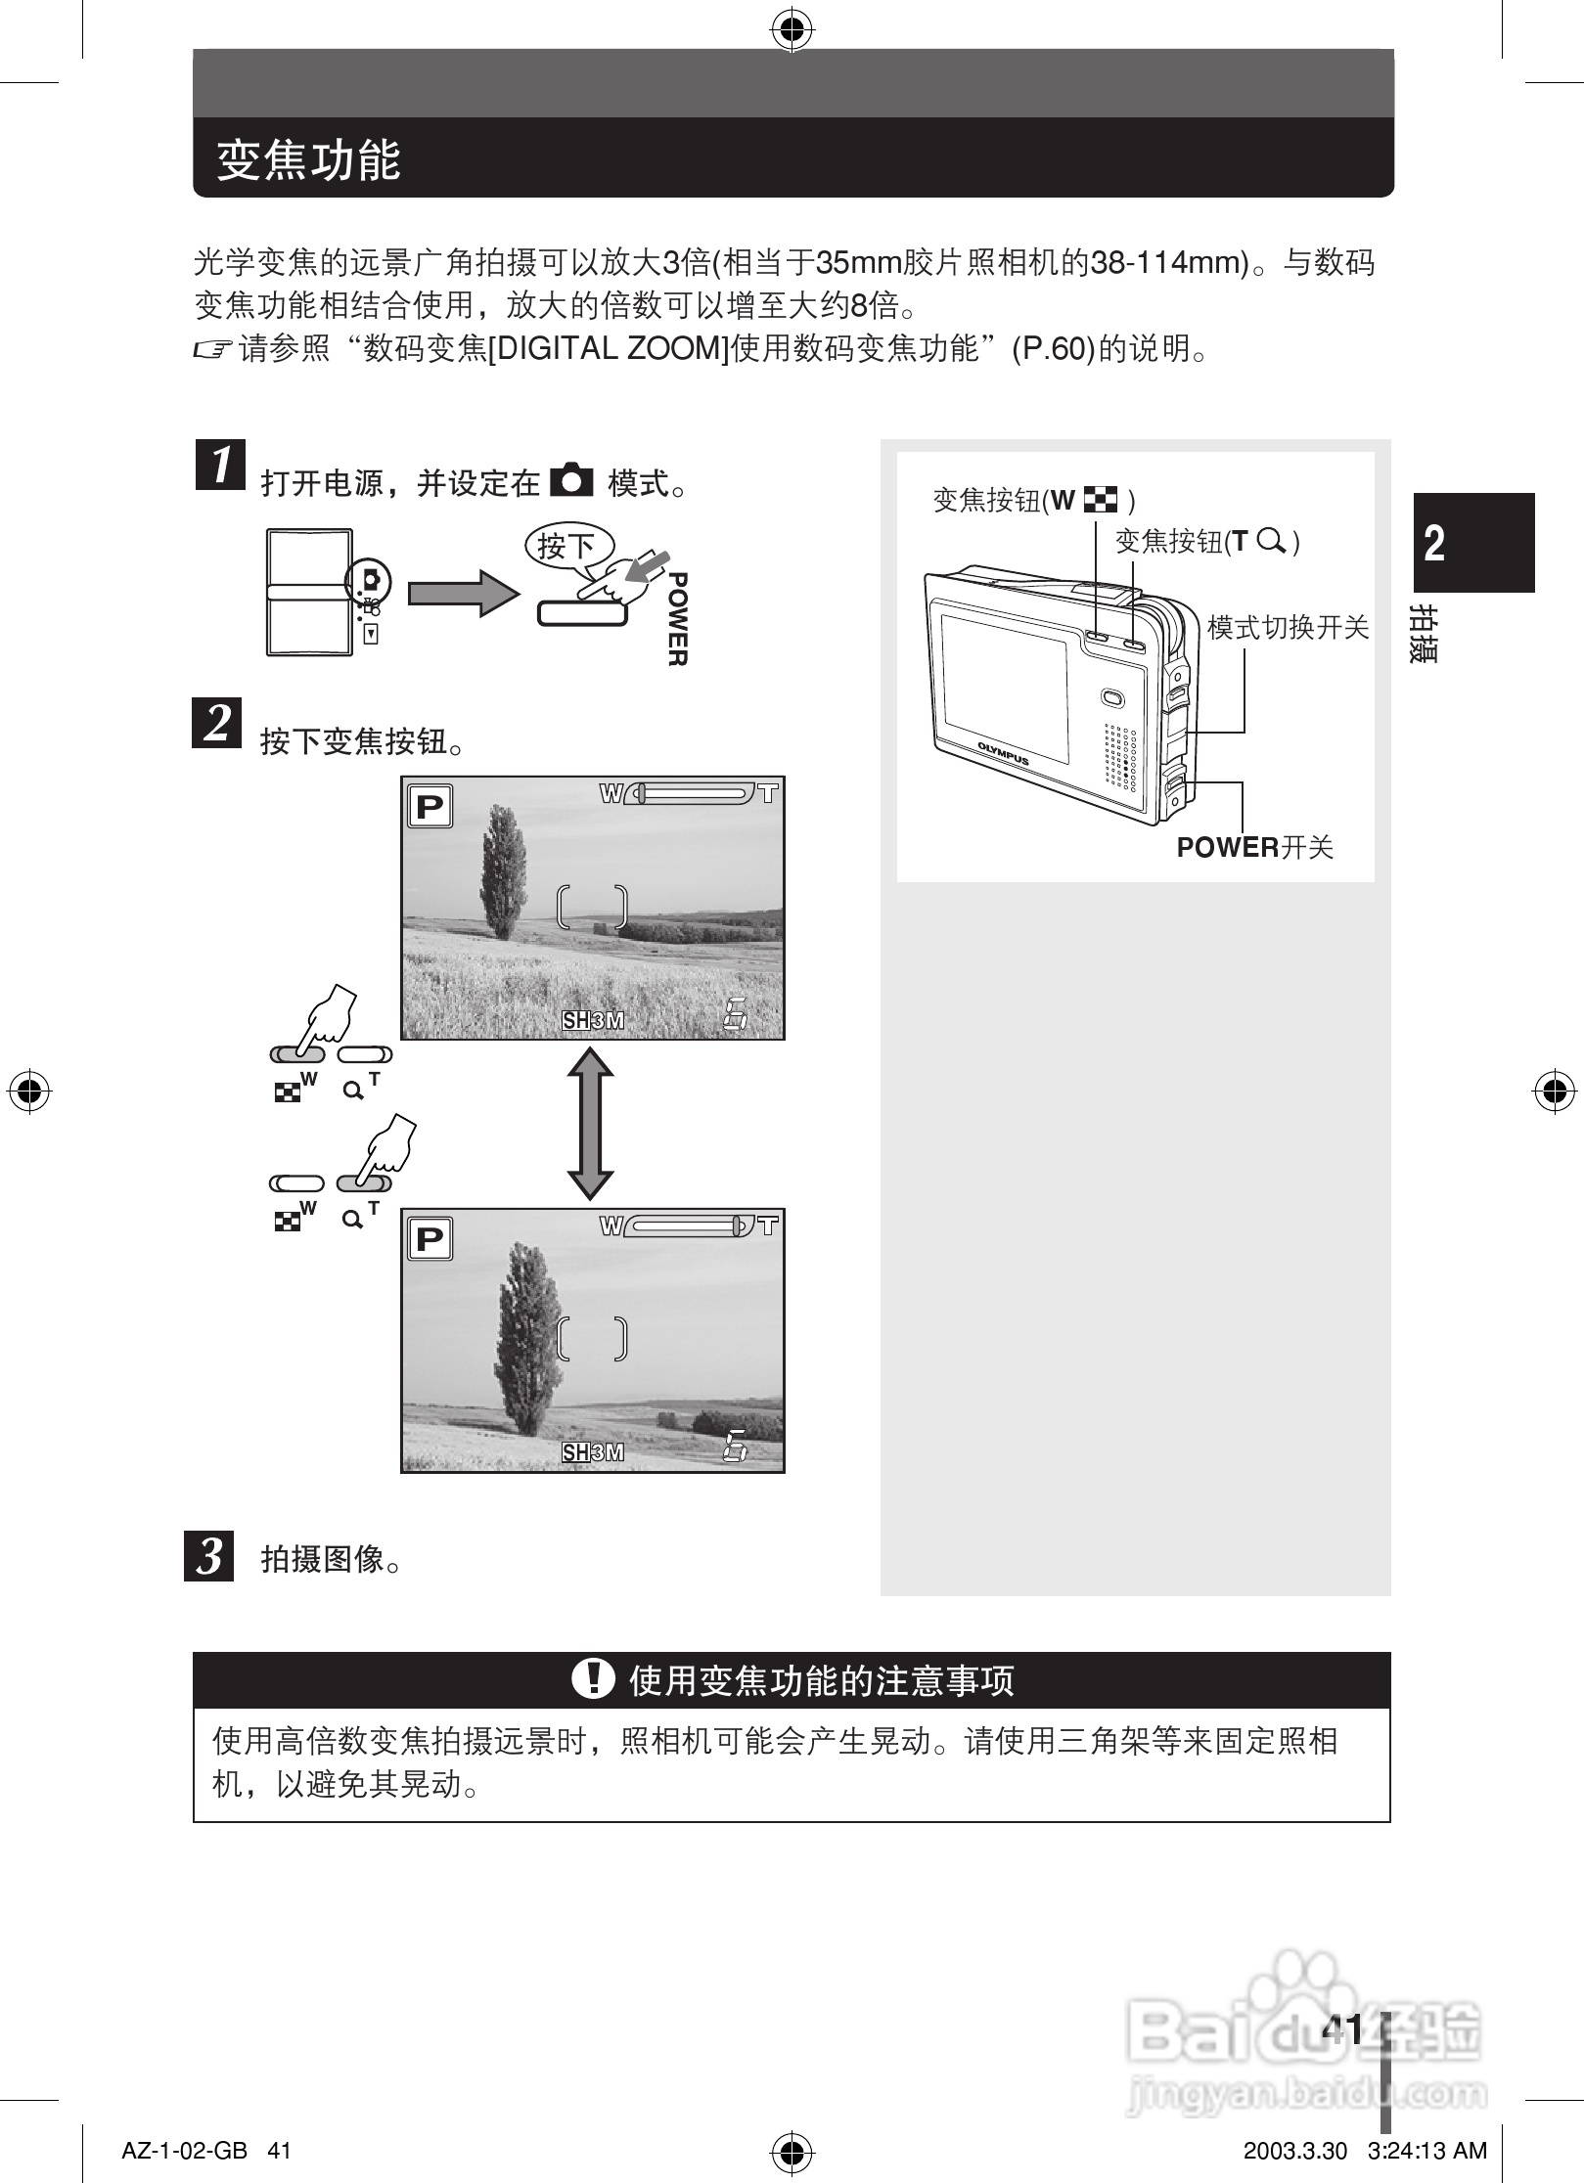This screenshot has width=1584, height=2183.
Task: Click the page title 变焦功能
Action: point(309,159)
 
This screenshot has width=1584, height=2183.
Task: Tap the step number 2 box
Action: point(216,724)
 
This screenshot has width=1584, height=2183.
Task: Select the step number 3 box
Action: point(209,1555)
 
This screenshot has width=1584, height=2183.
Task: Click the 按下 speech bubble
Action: point(567,546)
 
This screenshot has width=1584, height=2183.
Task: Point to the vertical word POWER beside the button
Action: point(676,619)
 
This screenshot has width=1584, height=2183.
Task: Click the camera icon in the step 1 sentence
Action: point(572,481)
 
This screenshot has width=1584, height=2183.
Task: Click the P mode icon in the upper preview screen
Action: point(430,808)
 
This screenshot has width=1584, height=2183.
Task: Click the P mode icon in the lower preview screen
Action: point(430,1239)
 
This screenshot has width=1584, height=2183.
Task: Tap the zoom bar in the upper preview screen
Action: point(690,793)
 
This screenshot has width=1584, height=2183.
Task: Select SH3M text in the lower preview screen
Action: point(592,1452)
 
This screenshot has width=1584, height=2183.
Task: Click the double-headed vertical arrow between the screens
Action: point(591,1124)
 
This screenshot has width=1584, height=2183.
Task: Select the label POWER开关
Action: point(1254,848)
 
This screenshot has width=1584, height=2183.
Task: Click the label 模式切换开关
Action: point(1287,628)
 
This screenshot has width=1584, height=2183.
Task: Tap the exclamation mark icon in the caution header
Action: point(592,1679)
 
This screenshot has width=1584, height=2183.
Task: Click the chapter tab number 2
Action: point(1434,543)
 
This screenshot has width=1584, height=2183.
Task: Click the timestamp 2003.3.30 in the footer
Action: point(1294,2151)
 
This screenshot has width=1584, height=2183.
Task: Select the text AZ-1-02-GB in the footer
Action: point(183,2151)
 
